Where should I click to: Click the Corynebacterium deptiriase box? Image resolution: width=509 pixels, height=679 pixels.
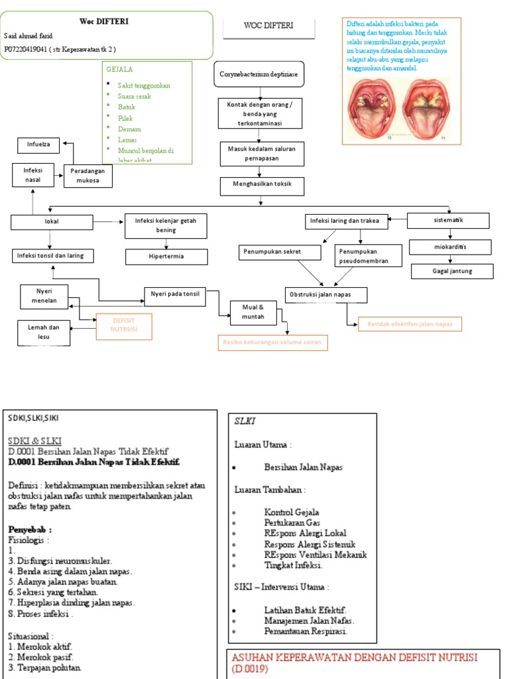(259, 74)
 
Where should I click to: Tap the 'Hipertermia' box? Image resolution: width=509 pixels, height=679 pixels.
(166, 257)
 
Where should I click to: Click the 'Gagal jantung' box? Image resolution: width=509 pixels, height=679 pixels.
(453, 271)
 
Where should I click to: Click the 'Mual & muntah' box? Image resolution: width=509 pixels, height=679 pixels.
(253, 312)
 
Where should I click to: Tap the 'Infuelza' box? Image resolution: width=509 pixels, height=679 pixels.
(38, 144)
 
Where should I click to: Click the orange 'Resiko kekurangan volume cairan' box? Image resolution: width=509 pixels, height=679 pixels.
(272, 342)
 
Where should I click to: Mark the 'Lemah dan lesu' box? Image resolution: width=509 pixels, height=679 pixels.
(44, 332)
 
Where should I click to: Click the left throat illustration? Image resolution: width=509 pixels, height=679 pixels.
(372, 109)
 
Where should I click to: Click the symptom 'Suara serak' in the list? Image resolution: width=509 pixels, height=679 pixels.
(134, 96)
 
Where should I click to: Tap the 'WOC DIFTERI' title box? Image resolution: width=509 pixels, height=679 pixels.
(268, 27)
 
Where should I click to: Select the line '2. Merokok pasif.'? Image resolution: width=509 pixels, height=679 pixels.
(40, 656)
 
